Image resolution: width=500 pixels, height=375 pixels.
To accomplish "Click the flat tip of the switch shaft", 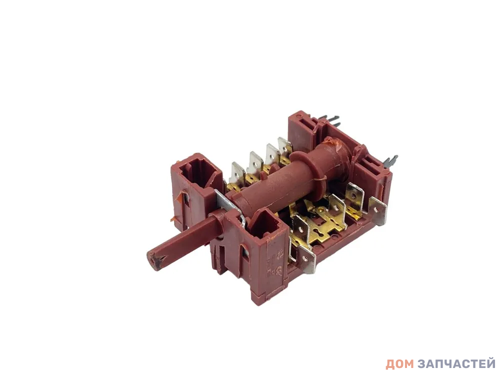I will (x=155, y=260).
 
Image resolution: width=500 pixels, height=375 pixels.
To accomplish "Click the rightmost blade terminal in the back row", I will (x=285, y=147).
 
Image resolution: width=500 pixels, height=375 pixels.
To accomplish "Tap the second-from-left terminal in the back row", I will (x=253, y=163).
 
